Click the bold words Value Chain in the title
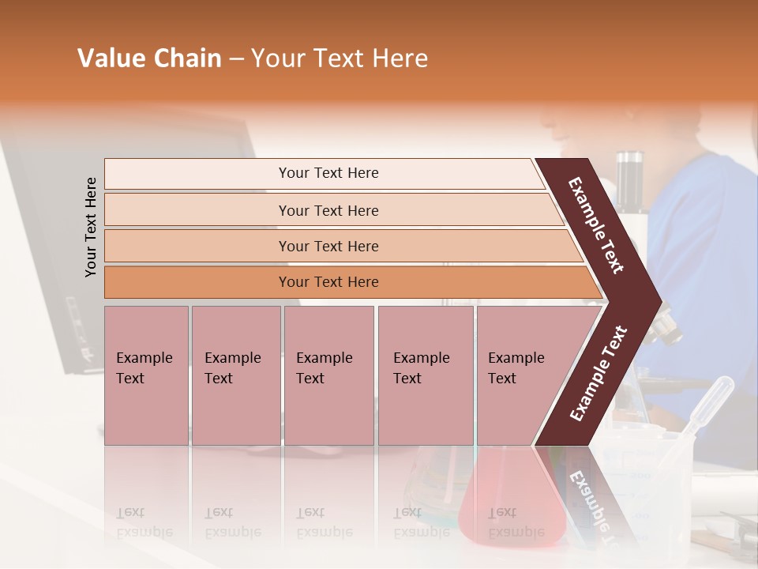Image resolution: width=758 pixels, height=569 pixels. (x=149, y=58)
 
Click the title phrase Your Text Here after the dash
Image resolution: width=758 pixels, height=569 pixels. (x=340, y=58)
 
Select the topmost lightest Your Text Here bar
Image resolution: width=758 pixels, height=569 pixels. (x=328, y=173)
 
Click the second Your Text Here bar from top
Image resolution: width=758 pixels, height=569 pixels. (x=328, y=210)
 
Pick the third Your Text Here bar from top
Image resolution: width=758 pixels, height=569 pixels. (x=328, y=247)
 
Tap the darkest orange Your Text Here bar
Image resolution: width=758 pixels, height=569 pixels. (x=328, y=282)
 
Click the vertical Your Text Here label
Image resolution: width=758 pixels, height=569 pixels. (x=91, y=227)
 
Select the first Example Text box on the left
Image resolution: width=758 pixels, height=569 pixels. (x=145, y=375)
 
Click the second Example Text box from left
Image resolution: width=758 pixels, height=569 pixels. (x=235, y=375)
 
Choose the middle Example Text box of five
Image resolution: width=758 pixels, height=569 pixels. (x=328, y=375)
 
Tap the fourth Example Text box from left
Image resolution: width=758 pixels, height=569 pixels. (x=425, y=375)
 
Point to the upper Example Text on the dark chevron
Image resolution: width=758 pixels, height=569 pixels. (x=596, y=225)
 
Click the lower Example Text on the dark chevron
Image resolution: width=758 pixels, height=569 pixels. (x=599, y=374)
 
